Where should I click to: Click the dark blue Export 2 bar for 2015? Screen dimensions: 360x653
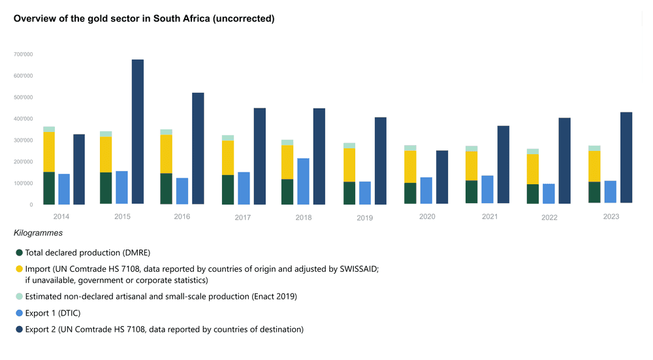pos(138,131)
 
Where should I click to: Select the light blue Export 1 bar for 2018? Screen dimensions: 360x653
pos(303,181)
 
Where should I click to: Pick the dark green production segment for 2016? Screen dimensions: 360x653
pos(167,188)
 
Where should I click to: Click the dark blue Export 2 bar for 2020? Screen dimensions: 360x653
pos(442,177)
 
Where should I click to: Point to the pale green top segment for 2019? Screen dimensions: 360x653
pos(349,146)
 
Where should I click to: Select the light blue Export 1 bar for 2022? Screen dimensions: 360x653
pos(549,193)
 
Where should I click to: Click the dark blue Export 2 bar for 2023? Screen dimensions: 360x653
pos(626,157)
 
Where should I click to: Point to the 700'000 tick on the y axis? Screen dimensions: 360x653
pos(23,54)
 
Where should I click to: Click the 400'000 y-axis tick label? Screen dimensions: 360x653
pos(23,119)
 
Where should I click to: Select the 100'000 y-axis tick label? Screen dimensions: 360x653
pos(23,184)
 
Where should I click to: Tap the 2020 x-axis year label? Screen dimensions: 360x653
pos(427,216)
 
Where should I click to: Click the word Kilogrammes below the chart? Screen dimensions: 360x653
pos(38,233)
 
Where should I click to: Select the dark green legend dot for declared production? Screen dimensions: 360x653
pos(20,252)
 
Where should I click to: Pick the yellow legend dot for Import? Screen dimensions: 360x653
pos(20,269)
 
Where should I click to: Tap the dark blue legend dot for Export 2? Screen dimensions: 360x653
pos(20,329)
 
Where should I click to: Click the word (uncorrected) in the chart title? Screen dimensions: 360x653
pos(239,18)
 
